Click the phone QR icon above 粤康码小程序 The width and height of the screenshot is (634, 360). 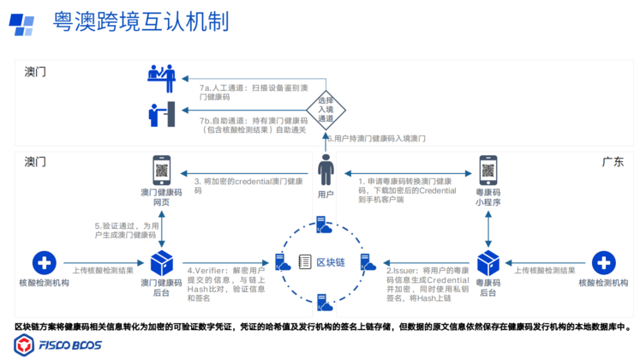click(x=488, y=170)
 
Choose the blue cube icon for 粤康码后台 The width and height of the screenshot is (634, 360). click(x=488, y=262)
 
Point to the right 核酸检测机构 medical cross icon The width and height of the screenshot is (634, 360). click(x=604, y=262)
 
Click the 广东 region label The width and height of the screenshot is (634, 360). click(x=613, y=160)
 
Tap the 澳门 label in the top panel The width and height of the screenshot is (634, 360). click(x=35, y=72)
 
